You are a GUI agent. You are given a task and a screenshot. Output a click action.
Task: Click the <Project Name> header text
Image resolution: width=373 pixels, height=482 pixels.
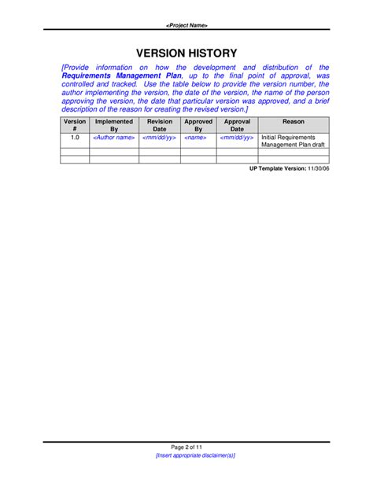click(x=186, y=25)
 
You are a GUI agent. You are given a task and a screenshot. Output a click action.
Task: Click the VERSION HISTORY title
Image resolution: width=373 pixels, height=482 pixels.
click(x=186, y=53)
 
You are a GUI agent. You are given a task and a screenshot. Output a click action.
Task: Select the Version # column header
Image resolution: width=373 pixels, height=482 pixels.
click(x=75, y=126)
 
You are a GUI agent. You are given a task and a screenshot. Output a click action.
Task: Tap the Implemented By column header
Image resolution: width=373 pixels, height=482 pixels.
click(x=114, y=126)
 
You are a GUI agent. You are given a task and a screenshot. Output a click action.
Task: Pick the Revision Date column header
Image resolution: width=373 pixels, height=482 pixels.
click(x=160, y=126)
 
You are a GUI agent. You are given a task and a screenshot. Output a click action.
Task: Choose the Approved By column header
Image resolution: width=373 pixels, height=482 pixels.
click(x=198, y=126)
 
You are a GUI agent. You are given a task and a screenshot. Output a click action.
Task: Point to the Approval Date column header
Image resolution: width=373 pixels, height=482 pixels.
click(x=237, y=126)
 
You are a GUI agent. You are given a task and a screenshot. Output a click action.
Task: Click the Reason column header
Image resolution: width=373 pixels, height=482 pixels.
click(x=294, y=123)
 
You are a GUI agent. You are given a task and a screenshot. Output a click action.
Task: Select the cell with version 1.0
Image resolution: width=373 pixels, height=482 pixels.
click(x=75, y=137)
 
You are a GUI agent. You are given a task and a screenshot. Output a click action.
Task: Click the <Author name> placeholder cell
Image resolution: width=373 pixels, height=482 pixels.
click(x=114, y=137)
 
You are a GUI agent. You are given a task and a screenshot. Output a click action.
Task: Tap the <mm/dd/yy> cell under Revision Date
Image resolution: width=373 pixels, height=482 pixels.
click(x=160, y=137)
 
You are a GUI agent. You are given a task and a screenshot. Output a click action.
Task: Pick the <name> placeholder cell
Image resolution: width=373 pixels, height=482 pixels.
click(x=198, y=137)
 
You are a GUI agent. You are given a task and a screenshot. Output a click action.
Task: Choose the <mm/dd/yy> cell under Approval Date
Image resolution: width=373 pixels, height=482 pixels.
click(x=237, y=137)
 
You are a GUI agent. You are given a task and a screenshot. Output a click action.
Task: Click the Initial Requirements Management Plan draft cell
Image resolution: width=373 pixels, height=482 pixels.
click(x=293, y=141)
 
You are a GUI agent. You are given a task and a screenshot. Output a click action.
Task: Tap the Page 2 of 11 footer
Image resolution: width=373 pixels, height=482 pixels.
click(x=186, y=447)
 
